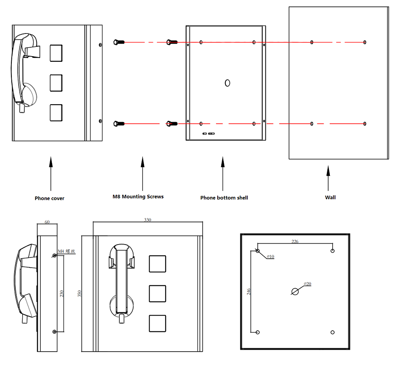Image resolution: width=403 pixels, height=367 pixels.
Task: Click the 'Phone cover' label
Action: click(x=49, y=198)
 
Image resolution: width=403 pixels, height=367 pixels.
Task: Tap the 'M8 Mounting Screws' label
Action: click(x=138, y=196)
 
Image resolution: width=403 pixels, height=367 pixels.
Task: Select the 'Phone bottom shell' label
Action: click(x=224, y=198)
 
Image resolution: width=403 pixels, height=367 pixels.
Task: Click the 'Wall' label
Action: click(x=330, y=197)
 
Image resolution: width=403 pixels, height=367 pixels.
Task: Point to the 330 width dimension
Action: click(x=148, y=220)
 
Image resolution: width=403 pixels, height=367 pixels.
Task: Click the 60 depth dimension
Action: click(x=47, y=222)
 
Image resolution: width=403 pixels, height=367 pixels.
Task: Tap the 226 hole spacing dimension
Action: click(x=295, y=241)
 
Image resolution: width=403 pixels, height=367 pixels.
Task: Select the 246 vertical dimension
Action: click(x=249, y=291)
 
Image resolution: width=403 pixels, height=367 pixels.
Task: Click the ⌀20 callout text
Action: click(x=307, y=284)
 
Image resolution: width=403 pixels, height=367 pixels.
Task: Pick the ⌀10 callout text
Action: click(x=270, y=257)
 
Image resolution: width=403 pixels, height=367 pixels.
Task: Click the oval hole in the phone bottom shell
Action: click(x=227, y=83)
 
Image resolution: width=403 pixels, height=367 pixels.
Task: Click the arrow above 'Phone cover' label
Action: click(x=51, y=174)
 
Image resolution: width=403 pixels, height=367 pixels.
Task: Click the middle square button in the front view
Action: click(x=157, y=293)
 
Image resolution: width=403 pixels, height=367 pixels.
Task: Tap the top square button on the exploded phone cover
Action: click(x=56, y=53)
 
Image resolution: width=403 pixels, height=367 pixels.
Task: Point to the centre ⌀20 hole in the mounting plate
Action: click(x=295, y=291)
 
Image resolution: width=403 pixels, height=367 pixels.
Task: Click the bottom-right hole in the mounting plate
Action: click(x=333, y=332)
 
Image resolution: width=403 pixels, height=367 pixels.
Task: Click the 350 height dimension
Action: click(x=79, y=293)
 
